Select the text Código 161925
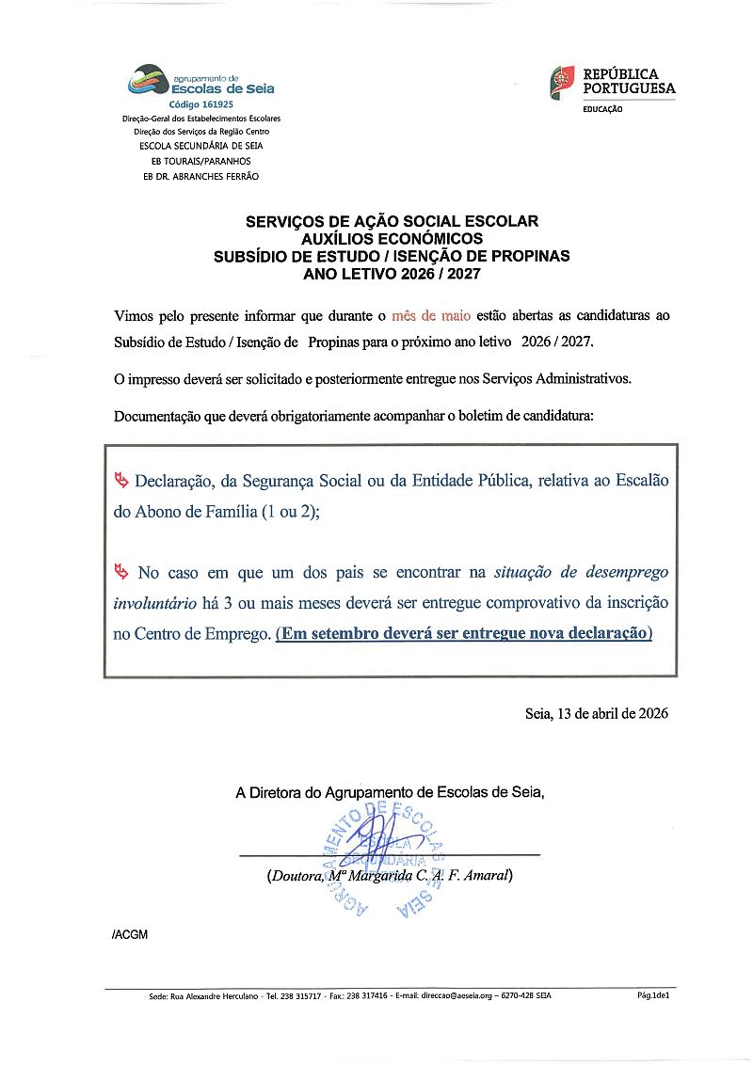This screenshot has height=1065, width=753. (200, 104)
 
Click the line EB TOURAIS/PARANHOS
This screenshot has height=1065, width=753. (200, 161)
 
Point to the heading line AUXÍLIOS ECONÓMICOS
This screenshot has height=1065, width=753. (392, 239)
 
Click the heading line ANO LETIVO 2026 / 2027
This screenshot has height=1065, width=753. (392, 273)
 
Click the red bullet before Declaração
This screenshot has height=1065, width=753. (120, 481)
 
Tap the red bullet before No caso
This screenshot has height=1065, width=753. (120, 572)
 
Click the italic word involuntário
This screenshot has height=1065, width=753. (155, 602)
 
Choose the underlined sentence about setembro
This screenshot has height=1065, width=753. (464, 633)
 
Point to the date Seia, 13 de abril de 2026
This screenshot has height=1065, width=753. (596, 713)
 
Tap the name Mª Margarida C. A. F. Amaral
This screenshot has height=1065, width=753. (419, 876)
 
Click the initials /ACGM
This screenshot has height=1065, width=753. (129, 934)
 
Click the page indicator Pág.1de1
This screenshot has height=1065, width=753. (653, 994)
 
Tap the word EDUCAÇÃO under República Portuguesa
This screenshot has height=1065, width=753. (602, 109)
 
